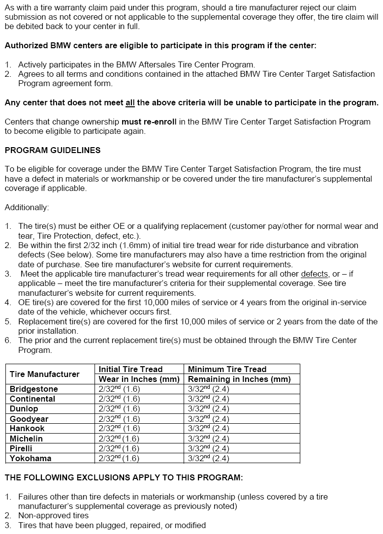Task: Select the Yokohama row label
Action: click(x=31, y=458)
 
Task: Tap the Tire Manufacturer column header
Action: click(x=44, y=374)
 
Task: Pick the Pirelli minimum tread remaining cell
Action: click(x=209, y=448)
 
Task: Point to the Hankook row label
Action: click(x=27, y=429)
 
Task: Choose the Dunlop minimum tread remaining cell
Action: click(x=209, y=408)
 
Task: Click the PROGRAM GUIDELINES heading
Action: click(x=53, y=150)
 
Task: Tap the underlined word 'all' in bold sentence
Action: click(x=130, y=103)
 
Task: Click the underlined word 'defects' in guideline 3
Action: click(x=313, y=274)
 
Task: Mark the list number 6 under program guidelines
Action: click(x=8, y=341)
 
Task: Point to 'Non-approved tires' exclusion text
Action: click(x=54, y=516)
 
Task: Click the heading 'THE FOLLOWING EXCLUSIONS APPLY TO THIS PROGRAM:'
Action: click(x=124, y=477)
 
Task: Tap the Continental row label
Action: click(x=32, y=399)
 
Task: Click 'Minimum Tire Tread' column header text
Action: click(x=227, y=369)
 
